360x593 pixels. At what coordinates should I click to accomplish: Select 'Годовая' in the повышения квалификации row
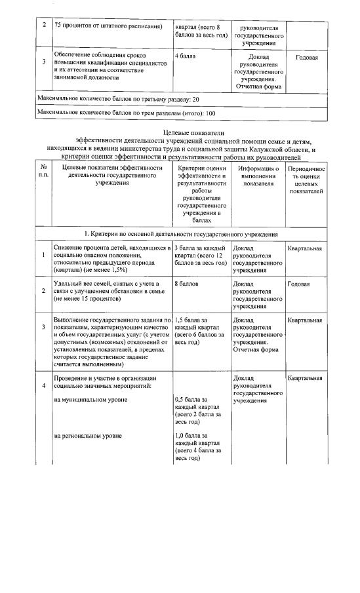point(307,57)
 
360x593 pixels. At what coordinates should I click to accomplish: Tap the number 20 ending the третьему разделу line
point(194,98)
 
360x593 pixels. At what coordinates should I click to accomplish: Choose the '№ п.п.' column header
point(44,172)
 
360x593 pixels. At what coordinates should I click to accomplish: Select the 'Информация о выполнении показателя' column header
point(258,176)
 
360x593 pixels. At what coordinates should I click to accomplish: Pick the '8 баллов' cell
point(186,284)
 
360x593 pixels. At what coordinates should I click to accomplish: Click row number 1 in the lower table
point(44,256)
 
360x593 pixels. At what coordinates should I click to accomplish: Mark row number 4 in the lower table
point(44,385)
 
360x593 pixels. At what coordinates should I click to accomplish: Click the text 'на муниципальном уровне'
point(90,400)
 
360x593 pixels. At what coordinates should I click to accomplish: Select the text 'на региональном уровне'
point(88,435)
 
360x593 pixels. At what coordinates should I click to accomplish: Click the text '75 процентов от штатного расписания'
point(108,26)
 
